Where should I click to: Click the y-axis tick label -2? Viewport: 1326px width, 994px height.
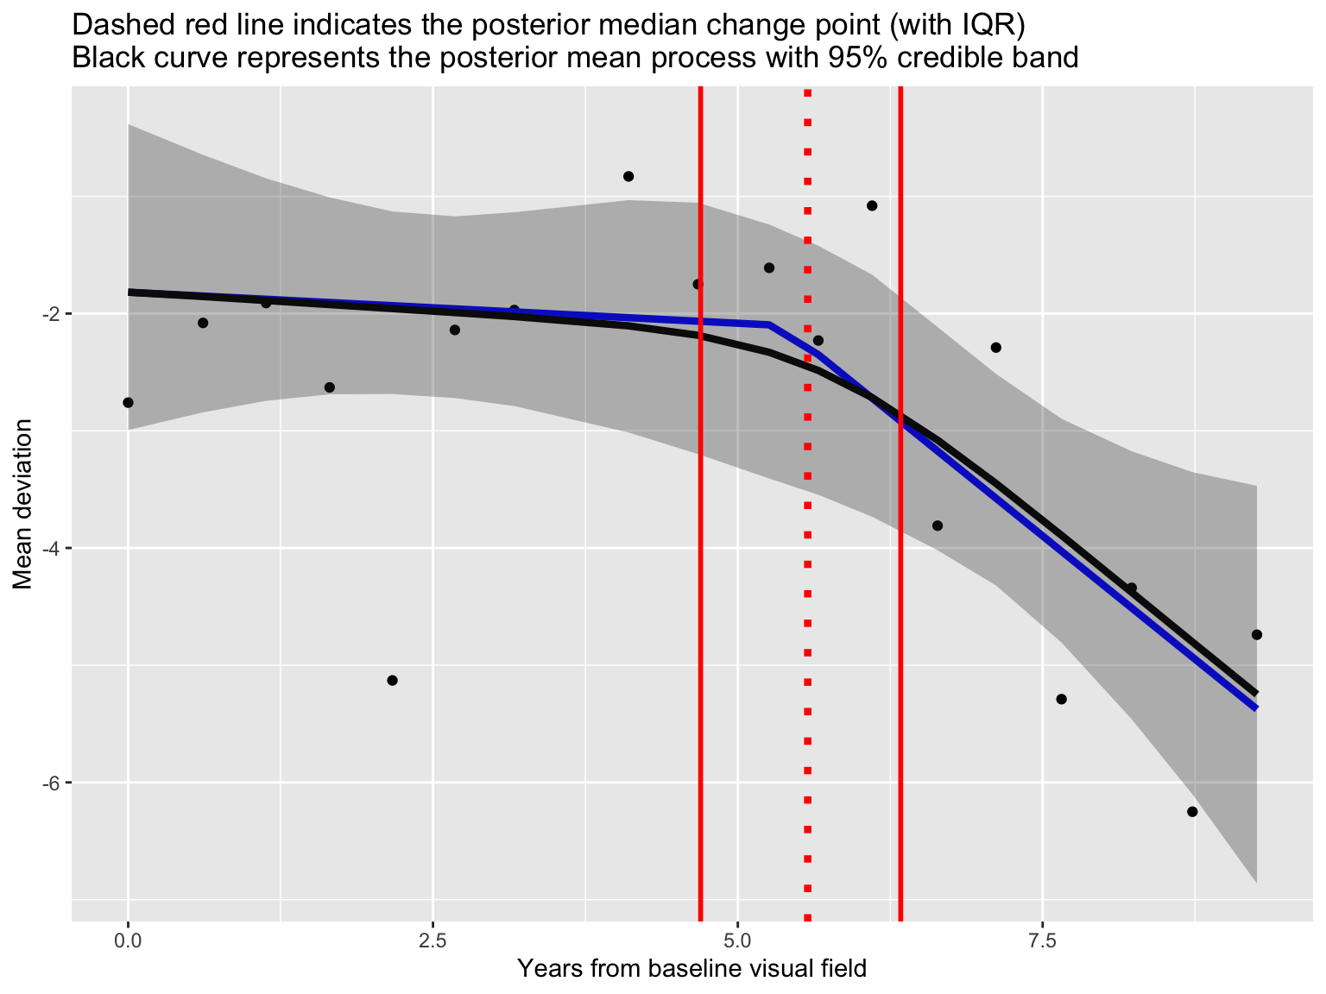point(47,314)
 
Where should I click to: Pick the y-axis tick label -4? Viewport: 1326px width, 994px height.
point(47,549)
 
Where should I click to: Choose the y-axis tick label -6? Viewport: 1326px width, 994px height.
point(47,783)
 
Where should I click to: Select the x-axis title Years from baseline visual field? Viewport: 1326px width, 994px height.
point(691,970)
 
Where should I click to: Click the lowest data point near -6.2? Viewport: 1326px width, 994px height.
point(1192,812)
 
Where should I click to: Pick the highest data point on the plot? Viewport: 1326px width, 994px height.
point(628,177)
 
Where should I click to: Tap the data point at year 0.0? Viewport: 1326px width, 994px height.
point(128,403)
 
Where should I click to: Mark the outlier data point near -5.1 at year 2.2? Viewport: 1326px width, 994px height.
point(392,681)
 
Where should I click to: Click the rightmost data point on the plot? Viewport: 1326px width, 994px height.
point(1256,635)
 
